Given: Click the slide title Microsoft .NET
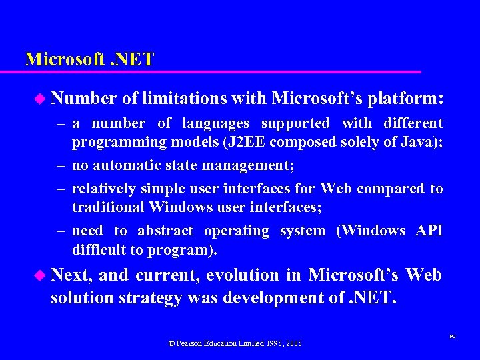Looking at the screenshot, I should point(89,59).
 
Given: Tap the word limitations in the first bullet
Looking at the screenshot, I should point(181,99).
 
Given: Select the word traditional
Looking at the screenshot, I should point(109,207).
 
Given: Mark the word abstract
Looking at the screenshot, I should point(165,231).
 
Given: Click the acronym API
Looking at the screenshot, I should point(429,231).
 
